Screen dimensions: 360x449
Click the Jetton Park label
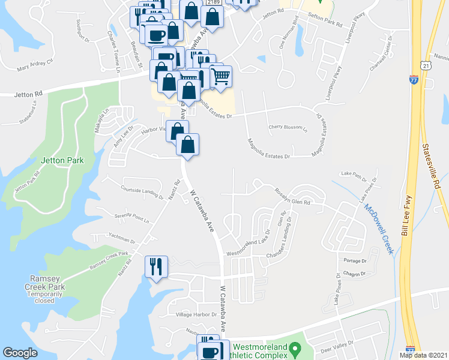pyautogui.click(x=62, y=160)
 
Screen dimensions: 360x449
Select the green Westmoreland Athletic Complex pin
pyautogui.click(x=294, y=348)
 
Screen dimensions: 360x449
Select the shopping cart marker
pyautogui.click(x=221, y=76)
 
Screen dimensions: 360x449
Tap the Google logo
pyautogui.click(x=20, y=353)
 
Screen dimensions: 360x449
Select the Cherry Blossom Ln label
pyautogui.click(x=288, y=127)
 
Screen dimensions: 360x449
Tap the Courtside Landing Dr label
pyautogui.click(x=142, y=193)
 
